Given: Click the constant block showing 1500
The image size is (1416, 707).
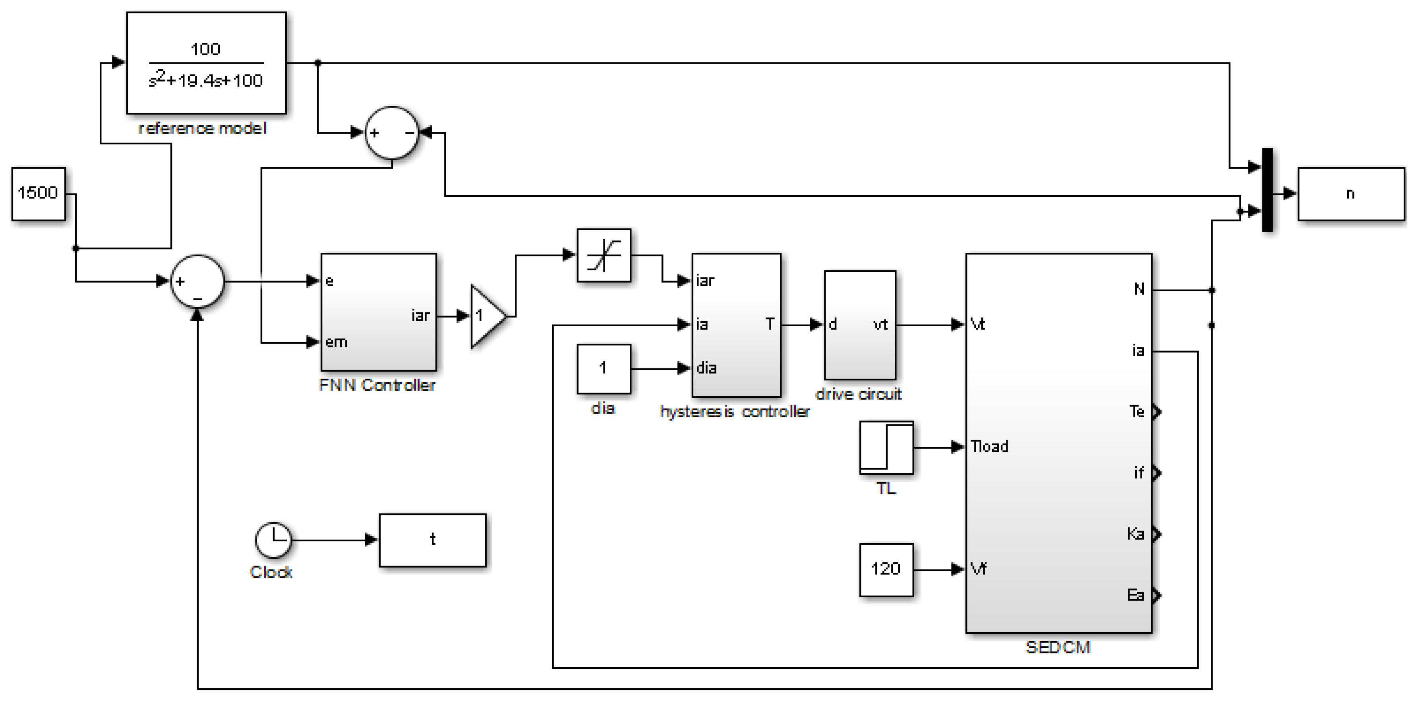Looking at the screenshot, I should (39, 194).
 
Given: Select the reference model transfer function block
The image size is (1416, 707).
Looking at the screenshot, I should (206, 63).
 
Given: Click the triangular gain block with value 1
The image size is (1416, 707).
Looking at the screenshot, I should (486, 316).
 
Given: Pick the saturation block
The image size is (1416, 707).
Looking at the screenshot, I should (604, 256).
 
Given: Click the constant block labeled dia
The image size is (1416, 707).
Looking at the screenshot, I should (604, 368).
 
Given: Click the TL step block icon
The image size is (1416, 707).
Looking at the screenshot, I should (886, 447).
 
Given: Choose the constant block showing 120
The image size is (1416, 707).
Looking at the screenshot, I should (886, 569).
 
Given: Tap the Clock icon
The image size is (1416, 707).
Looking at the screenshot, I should (273, 540).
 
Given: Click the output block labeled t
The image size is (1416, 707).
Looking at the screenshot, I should (433, 540).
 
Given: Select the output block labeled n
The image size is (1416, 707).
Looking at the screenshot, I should (1350, 194).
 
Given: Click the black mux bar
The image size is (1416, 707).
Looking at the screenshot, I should (1267, 190).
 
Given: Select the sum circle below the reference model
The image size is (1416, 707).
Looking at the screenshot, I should (392, 132).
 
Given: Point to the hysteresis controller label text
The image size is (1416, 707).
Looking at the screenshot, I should (734, 412).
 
